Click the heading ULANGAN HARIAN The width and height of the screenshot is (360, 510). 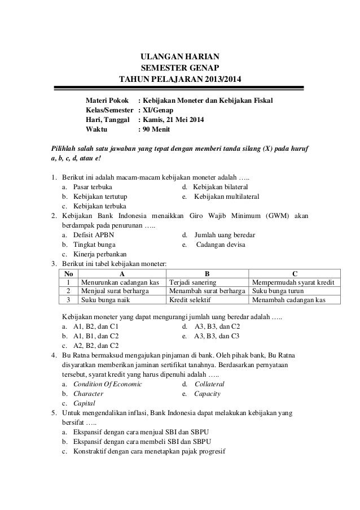180,56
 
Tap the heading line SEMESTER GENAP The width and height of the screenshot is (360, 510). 180,67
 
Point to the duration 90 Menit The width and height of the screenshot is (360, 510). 161,129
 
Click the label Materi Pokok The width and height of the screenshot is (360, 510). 107,99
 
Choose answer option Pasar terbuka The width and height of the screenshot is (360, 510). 88,186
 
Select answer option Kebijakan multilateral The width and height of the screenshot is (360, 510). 227,196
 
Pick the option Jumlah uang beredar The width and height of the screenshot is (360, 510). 225,234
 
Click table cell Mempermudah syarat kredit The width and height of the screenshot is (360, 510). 293,282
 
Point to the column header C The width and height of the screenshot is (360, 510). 294,273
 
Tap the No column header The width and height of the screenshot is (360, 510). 68,273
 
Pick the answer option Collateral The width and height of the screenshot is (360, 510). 209,383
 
